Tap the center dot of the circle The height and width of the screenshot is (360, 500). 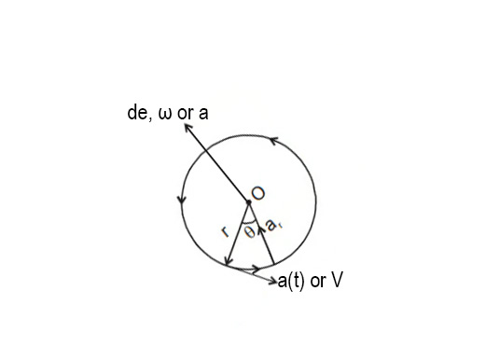248,201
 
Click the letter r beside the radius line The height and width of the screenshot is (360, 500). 225,231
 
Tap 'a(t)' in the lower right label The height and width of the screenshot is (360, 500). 292,280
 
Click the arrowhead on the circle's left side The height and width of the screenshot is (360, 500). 179,201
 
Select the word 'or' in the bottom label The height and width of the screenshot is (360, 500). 316,280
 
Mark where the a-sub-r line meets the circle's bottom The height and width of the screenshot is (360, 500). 273,265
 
